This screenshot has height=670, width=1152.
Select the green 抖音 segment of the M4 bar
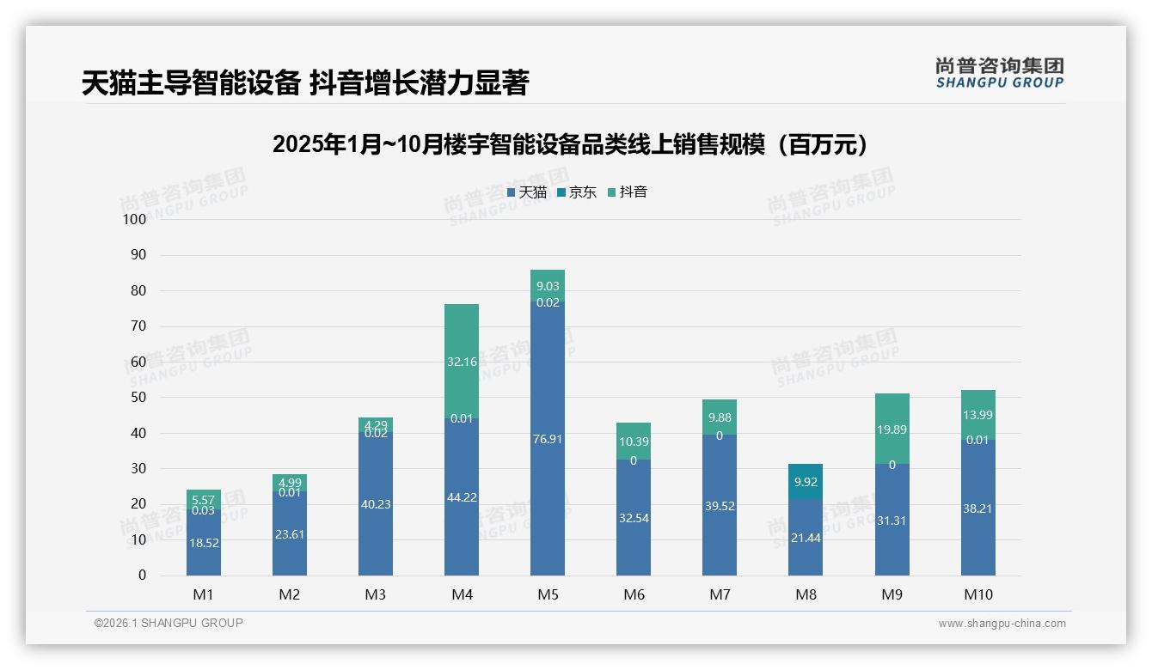click(x=462, y=361)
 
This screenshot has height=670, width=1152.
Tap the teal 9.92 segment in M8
click(x=806, y=482)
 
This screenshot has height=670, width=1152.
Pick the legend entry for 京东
click(x=577, y=192)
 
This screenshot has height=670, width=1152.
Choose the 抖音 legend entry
click(x=627, y=192)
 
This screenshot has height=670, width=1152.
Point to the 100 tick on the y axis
click(x=135, y=219)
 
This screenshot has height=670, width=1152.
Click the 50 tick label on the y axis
click(x=138, y=398)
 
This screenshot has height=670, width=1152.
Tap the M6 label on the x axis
click(x=634, y=594)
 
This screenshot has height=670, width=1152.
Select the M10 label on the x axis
click(x=977, y=594)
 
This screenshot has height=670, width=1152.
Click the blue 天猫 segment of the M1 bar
click(x=204, y=543)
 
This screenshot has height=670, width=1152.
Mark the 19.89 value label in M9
click(x=892, y=429)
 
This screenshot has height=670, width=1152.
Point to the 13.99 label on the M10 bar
click(x=977, y=415)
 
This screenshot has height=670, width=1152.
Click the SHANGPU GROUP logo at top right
click(x=999, y=72)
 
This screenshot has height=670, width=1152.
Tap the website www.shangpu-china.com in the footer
click(x=1002, y=624)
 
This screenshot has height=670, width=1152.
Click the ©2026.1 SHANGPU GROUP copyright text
click(x=169, y=623)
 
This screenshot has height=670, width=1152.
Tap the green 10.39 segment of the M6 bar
click(x=634, y=442)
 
